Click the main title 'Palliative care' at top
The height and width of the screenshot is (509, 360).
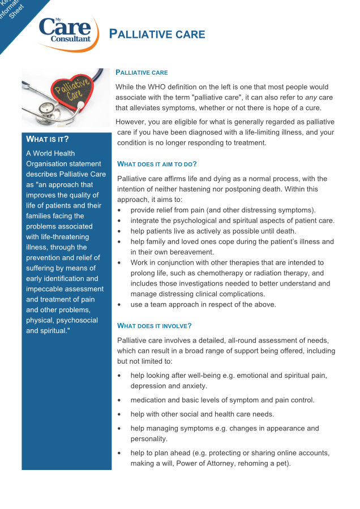157,34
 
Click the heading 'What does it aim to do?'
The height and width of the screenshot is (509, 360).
157,164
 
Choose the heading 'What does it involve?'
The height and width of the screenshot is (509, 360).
154,326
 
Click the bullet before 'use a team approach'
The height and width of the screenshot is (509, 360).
119,305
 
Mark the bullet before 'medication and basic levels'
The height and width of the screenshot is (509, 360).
119,400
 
